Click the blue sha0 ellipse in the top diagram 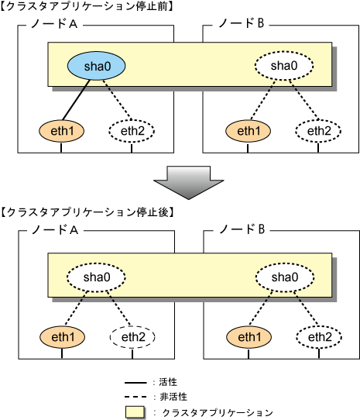[x=96, y=66]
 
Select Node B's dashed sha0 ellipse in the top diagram [x=284, y=66]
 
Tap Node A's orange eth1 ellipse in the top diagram [x=62, y=131]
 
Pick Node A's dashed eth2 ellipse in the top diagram [x=132, y=131]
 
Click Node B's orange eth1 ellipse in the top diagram [x=248, y=131]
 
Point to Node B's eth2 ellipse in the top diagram [x=318, y=131]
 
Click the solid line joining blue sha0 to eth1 [x=76, y=100]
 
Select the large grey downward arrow [x=189, y=183]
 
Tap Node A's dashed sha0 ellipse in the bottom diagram [x=96, y=277]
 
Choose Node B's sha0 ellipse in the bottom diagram [x=285, y=277]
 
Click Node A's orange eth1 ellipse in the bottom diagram [x=63, y=337]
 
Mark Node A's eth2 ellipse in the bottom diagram [x=132, y=337]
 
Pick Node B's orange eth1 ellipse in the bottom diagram [x=249, y=337]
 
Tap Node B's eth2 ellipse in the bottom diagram [x=319, y=337]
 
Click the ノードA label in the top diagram [x=54, y=23]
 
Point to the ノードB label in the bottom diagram [x=242, y=229]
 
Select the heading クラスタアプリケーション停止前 [x=87, y=6]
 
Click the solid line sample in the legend [x=135, y=383]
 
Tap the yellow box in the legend [x=135, y=412]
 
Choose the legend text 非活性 [x=173, y=397]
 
